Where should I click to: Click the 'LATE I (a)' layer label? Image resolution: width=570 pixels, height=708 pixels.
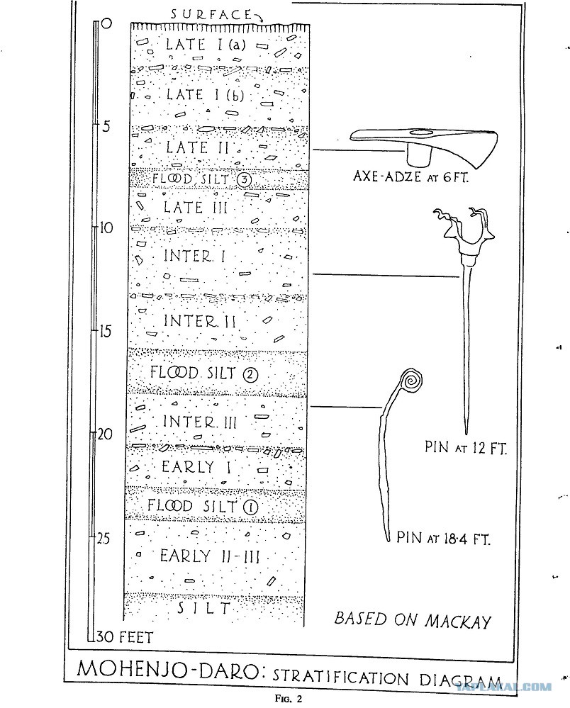tap(206, 44)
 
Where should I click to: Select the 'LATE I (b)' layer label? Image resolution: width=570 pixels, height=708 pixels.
tap(206, 95)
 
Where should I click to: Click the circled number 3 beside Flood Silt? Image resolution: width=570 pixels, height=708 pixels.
tap(243, 180)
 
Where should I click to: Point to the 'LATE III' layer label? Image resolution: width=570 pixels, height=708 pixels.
tap(196, 208)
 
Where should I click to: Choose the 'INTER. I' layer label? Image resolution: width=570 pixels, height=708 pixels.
tap(194, 257)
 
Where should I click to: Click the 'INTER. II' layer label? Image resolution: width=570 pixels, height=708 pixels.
tap(200, 321)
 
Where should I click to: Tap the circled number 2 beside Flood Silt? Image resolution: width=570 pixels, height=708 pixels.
tap(250, 374)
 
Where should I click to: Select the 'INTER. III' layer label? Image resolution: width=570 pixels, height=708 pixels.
tap(200, 422)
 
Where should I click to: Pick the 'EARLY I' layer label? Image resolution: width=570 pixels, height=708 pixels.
tap(196, 467)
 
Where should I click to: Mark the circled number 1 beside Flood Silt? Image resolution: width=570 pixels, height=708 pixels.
tap(251, 507)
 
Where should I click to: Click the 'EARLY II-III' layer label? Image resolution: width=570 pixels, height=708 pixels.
tap(210, 556)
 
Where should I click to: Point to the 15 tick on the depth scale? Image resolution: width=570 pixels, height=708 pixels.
tap(95, 331)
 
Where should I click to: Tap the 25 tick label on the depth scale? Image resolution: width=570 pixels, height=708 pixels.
tap(104, 538)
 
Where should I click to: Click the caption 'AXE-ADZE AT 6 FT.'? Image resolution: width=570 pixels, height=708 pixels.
tap(410, 176)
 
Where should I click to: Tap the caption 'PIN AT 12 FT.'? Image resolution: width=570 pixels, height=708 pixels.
tap(466, 447)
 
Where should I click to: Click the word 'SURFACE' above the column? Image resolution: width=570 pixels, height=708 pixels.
tap(211, 14)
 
